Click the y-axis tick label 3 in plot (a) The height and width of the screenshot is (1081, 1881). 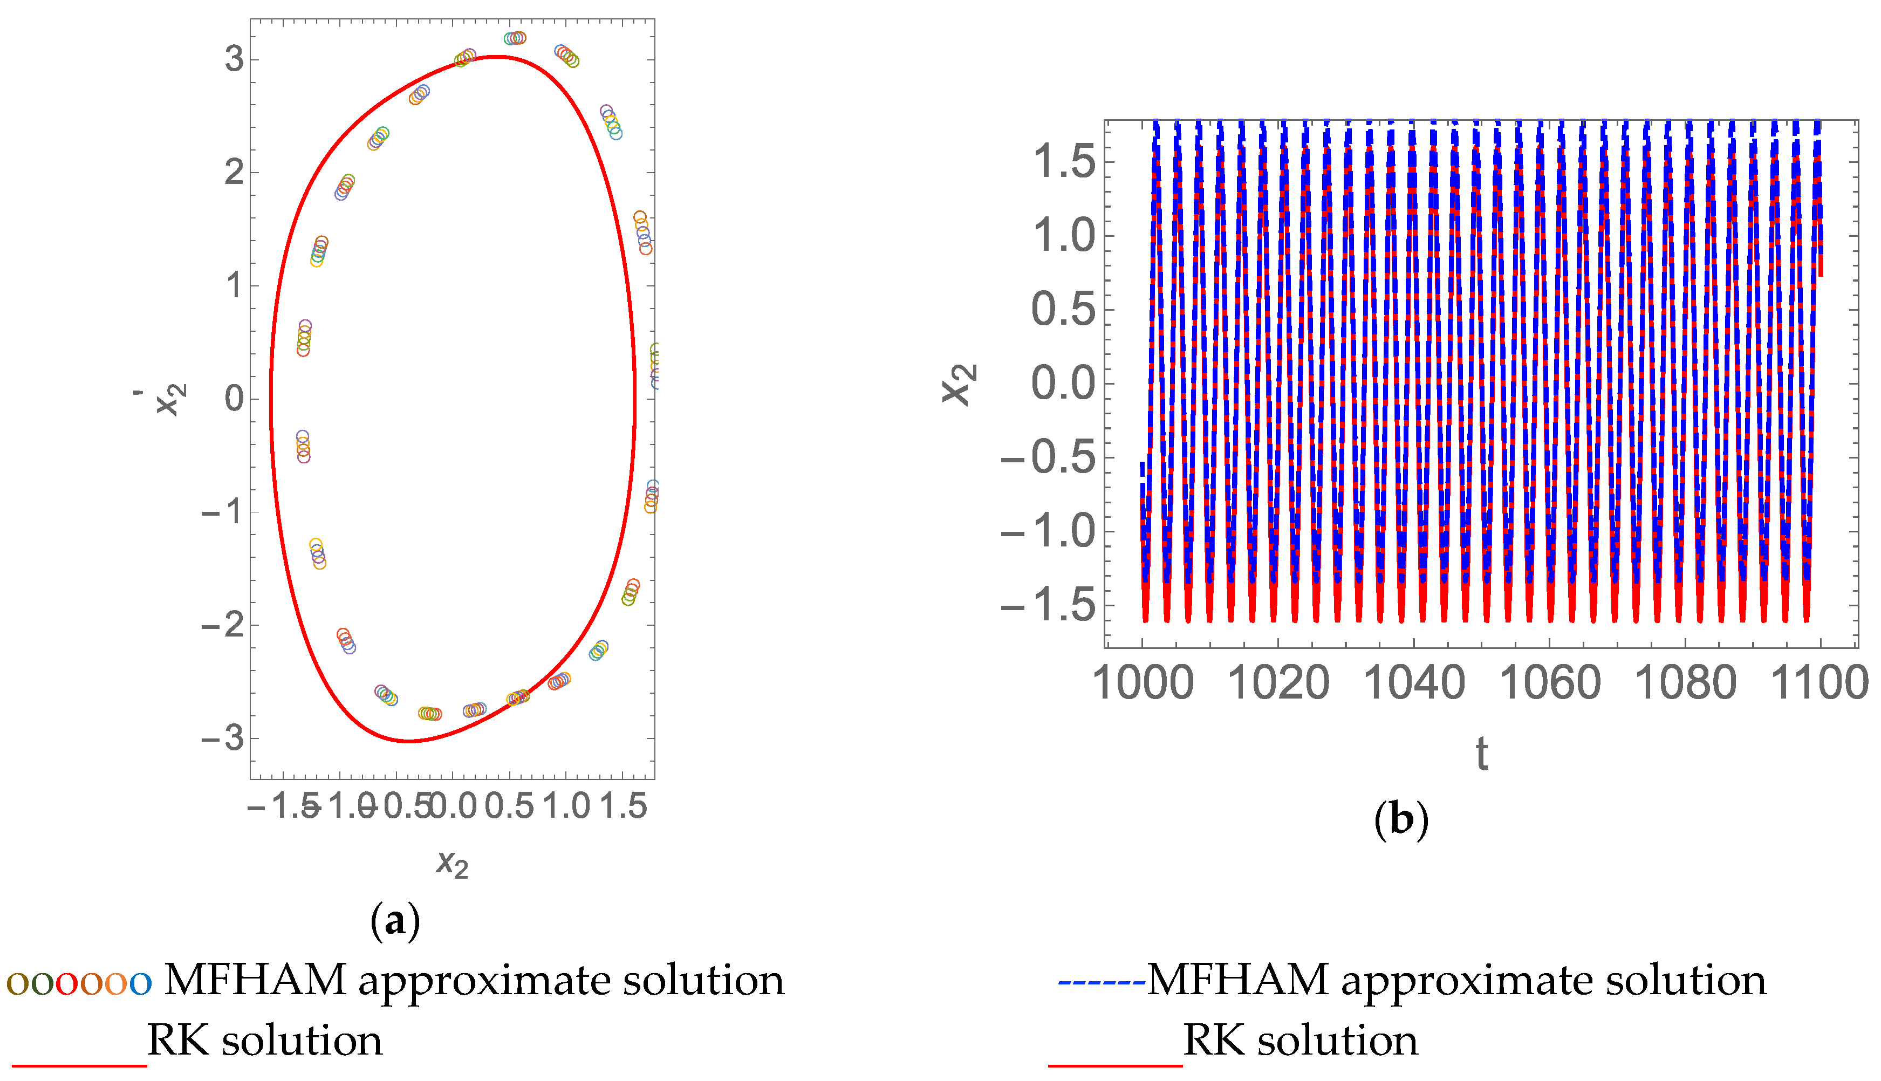point(235,59)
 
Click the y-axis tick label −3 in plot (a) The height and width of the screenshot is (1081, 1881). point(223,738)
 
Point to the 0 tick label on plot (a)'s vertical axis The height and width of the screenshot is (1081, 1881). point(235,399)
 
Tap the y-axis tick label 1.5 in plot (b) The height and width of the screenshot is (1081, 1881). point(1064,162)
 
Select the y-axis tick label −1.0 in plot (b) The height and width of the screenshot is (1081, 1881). point(1048,531)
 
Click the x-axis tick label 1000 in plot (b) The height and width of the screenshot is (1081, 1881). point(1143,683)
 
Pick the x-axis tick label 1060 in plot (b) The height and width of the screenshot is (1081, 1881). point(1550,683)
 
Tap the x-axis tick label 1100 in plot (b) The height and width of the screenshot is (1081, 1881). point(1820,683)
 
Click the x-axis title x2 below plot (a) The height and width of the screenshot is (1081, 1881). point(452,864)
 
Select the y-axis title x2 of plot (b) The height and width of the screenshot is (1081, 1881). point(960,384)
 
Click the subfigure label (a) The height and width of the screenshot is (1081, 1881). point(395,921)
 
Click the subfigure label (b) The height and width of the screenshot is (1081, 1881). point(1401,820)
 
